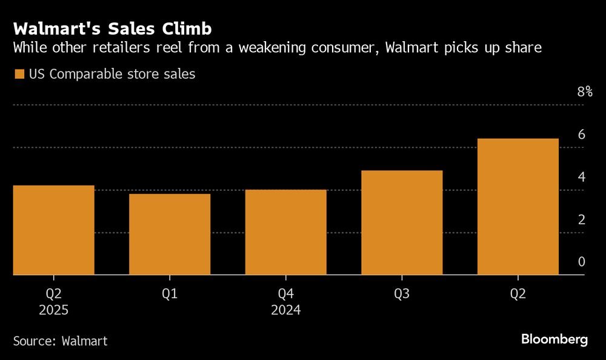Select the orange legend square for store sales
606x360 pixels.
pos(19,75)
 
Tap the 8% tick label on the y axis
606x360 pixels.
pos(584,92)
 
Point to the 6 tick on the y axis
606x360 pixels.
pos(581,135)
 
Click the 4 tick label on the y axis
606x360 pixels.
pos(581,177)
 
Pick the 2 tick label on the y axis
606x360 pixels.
pos(581,219)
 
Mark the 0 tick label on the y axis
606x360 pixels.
pos(581,262)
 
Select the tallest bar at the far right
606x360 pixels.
pos(518,206)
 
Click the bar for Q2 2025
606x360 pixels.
pos(53,230)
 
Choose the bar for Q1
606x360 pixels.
pos(170,234)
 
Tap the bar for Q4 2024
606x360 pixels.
pos(286,232)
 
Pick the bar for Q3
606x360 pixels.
pos(402,222)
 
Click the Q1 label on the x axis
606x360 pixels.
pos(170,294)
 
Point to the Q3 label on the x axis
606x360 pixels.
pos(402,294)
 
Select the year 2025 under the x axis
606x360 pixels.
pos(53,310)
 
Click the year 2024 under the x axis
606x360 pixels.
pos(286,310)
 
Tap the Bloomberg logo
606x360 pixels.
pos(554,339)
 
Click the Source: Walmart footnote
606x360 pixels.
pos(60,341)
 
